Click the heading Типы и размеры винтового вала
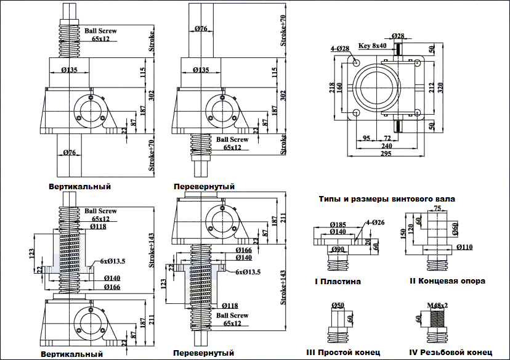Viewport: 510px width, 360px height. click(x=387, y=199)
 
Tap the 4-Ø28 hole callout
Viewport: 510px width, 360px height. click(x=339, y=48)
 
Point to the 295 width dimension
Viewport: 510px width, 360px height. click(x=386, y=154)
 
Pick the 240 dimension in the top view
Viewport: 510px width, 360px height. click(x=386, y=145)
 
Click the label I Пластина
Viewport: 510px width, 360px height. click(x=338, y=281)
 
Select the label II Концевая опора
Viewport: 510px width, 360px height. click(x=447, y=281)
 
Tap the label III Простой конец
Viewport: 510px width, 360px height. click(x=343, y=353)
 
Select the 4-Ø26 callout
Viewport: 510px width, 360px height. click(x=374, y=223)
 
